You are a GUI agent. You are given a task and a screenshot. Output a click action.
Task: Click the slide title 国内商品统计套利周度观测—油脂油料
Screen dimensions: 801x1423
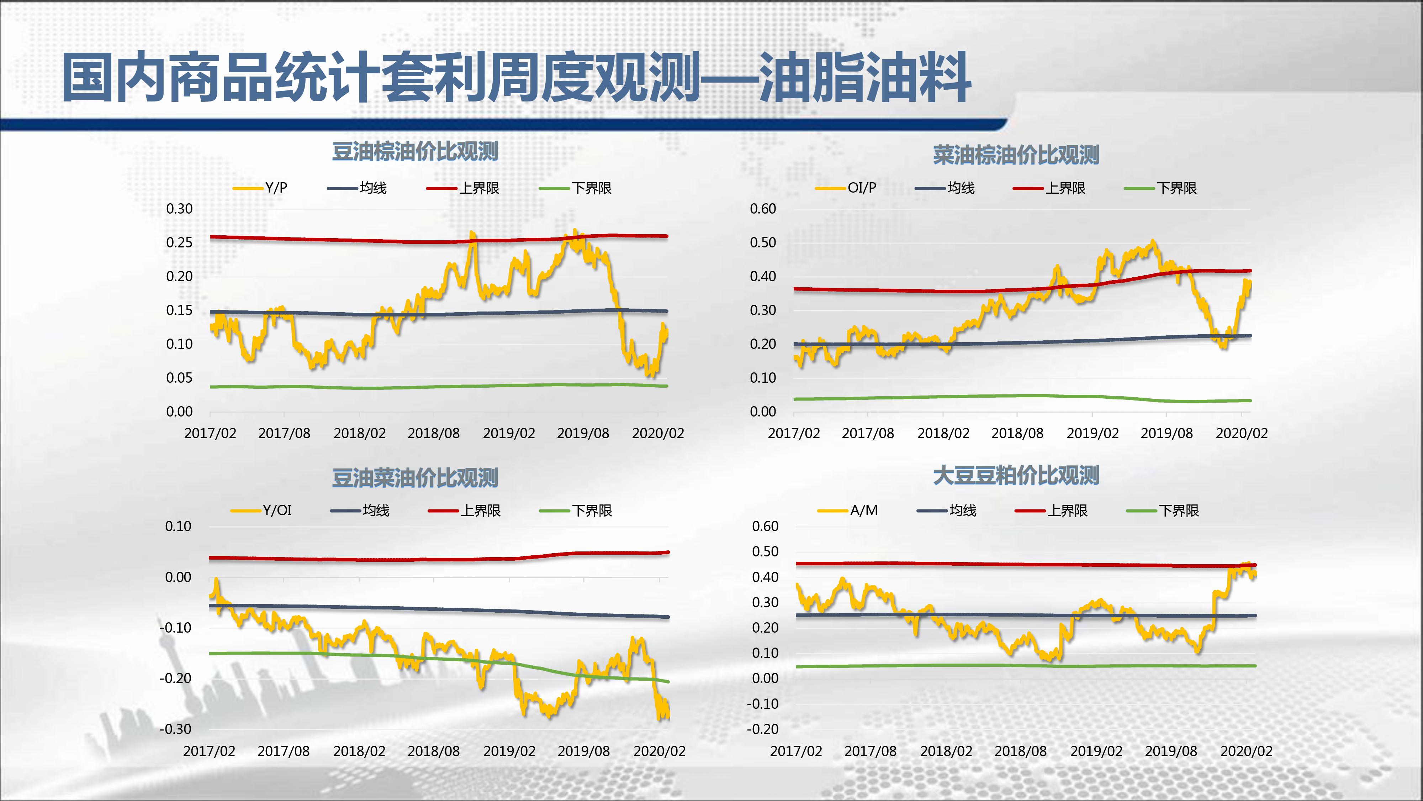[x=517, y=77]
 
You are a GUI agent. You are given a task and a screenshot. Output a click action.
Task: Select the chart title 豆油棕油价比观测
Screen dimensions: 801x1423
[x=415, y=151]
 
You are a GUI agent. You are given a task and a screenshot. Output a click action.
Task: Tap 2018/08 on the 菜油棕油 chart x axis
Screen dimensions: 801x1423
[x=1017, y=433]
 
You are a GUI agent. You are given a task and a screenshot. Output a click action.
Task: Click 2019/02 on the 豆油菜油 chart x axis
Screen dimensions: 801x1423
[x=509, y=751]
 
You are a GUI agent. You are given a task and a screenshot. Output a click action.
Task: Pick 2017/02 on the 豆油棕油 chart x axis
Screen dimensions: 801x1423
[x=210, y=433]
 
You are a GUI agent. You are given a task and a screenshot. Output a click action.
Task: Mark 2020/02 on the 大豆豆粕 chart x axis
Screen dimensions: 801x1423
[x=1246, y=751]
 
